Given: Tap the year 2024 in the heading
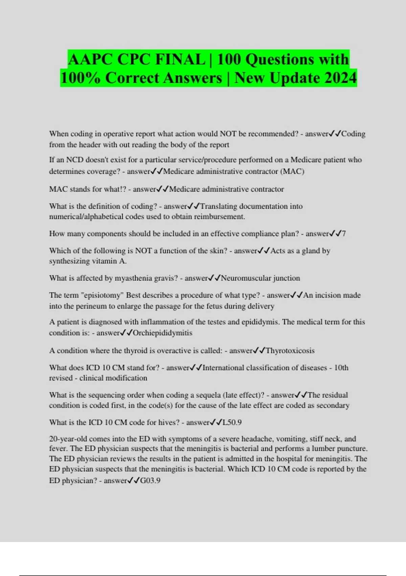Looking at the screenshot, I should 338,78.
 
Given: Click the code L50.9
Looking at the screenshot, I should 232,423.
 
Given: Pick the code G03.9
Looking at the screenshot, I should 150,481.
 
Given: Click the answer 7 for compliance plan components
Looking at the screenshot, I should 344,234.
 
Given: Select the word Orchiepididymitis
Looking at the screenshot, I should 162,333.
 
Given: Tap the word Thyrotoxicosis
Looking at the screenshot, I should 290,351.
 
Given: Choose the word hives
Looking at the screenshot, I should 167,423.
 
